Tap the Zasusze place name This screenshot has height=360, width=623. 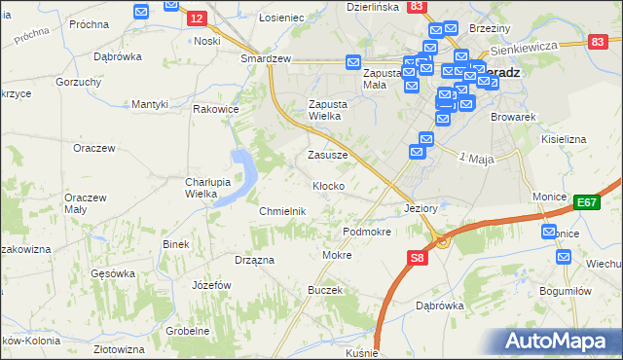[x=327, y=155]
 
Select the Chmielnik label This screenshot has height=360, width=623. [x=282, y=211]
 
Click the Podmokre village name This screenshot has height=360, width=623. [x=367, y=233]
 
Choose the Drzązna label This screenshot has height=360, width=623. [x=254, y=260]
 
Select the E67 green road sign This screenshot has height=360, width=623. [x=586, y=201]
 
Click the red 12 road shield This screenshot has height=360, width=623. [x=196, y=18]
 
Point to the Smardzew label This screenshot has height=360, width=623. [x=267, y=58]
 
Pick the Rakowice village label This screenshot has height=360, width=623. [x=216, y=109]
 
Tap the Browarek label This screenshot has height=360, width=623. [x=515, y=117]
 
